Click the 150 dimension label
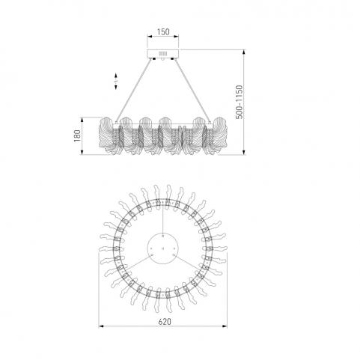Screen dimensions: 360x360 163,32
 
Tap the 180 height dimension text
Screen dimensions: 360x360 77,135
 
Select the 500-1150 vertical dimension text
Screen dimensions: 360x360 239,102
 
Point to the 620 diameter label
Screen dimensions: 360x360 165,322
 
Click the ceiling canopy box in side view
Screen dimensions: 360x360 163,54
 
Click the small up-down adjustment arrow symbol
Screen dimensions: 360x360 116,81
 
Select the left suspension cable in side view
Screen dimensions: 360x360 134,91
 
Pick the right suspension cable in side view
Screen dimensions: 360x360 192,91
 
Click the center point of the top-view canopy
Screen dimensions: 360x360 163,248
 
